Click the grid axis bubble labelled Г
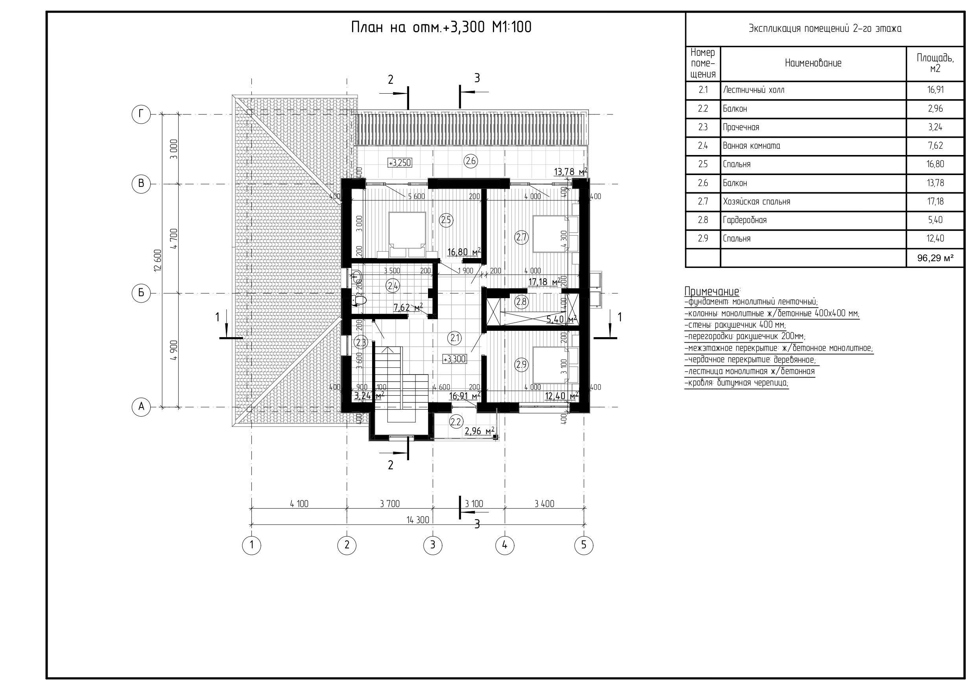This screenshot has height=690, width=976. coord(141,114)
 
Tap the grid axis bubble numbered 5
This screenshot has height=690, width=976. coord(584,545)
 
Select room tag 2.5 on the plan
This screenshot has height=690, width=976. coord(446,220)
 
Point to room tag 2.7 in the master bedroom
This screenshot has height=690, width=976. coord(522,237)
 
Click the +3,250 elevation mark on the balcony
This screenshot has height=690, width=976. coord(400,163)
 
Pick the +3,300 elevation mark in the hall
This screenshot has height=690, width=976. coord(454,359)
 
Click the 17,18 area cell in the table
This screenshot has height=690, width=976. coord(935,201)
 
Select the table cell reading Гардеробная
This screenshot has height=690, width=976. coord(745,220)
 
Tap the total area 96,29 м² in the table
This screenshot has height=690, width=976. coord(935,258)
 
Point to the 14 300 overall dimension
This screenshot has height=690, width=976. coord(418,520)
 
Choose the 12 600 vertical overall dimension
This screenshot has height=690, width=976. coord(158,260)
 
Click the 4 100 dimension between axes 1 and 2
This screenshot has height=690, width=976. coord(299,504)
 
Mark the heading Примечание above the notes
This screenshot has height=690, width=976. coord(712,291)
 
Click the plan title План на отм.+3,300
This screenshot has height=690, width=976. coord(441,28)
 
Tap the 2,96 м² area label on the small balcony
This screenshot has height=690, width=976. coord(480,432)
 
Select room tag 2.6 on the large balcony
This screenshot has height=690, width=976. coord(471,161)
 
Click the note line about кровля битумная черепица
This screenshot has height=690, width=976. coord(736,383)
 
